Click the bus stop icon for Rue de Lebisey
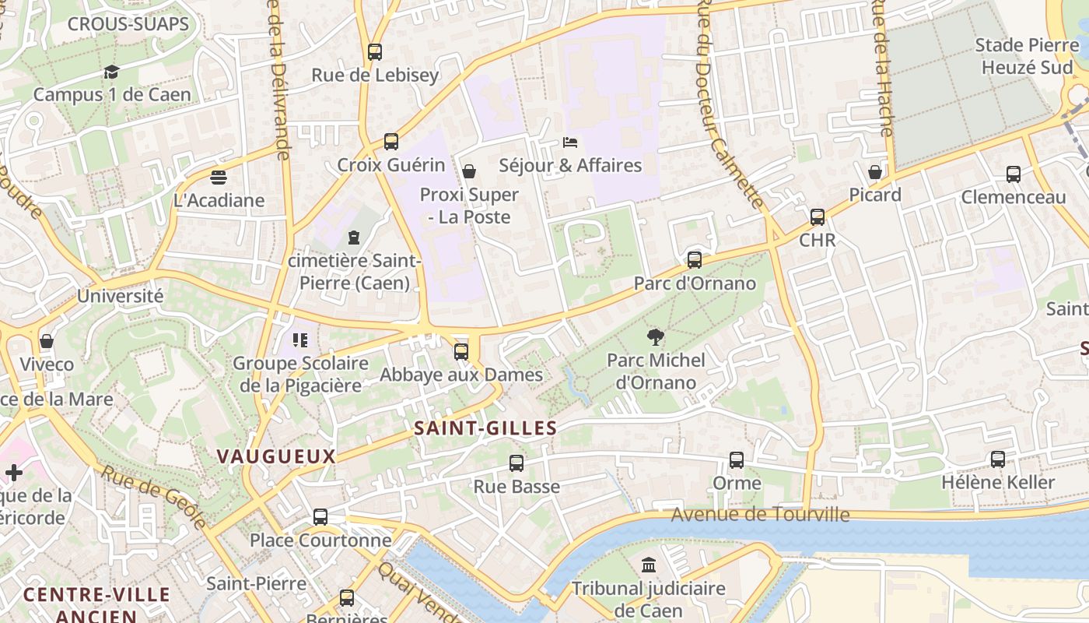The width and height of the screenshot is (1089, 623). pyautogui.click(x=375, y=52)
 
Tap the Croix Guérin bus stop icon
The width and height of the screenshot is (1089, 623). pyautogui.click(x=391, y=142)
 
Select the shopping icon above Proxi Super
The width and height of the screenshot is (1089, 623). pyautogui.click(x=469, y=171)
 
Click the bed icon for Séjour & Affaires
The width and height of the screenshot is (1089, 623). pyautogui.click(x=570, y=143)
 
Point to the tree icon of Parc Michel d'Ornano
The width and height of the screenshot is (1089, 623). pyautogui.click(x=656, y=337)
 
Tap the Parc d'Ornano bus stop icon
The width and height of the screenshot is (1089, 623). pyautogui.click(x=695, y=260)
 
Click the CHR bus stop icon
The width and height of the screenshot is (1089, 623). pyautogui.click(x=818, y=217)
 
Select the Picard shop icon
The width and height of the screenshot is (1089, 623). pyautogui.click(x=875, y=172)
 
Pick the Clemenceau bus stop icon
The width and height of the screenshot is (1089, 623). pyautogui.click(x=1014, y=174)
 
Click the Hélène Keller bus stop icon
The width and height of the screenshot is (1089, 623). pyautogui.click(x=998, y=459)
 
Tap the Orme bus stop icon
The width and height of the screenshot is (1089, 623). pyautogui.click(x=737, y=460)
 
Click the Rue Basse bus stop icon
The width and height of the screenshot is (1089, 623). pyautogui.click(x=516, y=463)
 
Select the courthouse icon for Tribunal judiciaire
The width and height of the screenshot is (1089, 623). pyautogui.click(x=649, y=565)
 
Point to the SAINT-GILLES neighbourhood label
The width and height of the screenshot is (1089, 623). pyautogui.click(x=485, y=428)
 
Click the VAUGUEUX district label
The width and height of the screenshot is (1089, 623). pyautogui.click(x=276, y=456)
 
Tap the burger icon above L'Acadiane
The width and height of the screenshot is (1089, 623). pyautogui.click(x=219, y=178)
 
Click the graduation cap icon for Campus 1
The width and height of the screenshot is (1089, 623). pyautogui.click(x=111, y=72)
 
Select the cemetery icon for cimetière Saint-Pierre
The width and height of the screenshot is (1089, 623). pyautogui.click(x=355, y=237)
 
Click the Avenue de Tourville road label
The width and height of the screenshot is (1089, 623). pyautogui.click(x=760, y=514)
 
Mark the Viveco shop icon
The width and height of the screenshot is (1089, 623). pyautogui.click(x=47, y=341)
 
